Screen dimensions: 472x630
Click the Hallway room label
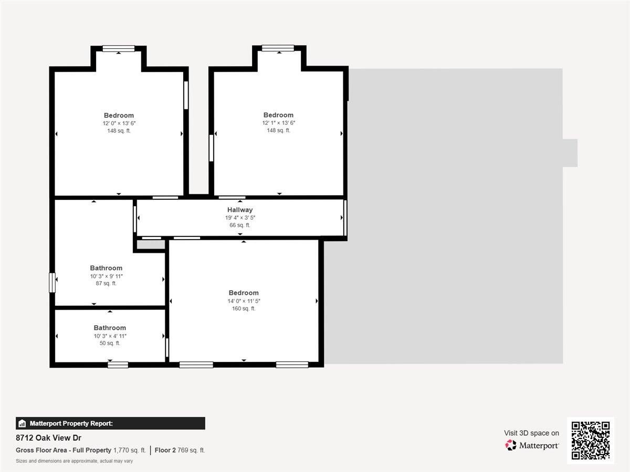240,210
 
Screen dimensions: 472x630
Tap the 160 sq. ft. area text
244,308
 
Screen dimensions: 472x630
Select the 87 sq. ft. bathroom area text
106,283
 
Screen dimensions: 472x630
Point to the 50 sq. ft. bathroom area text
110,343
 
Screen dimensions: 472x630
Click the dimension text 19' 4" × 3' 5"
240,218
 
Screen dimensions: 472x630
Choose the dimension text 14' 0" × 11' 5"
244,301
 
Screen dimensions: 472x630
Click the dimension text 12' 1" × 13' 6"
278,123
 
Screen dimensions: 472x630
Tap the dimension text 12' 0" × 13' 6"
119,123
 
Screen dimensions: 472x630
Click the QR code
590,441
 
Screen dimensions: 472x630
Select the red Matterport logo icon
511,445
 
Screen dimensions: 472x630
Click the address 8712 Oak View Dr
48,438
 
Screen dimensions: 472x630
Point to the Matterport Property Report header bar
110,423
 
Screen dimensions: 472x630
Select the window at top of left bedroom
119,49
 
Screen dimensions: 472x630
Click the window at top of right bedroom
278,48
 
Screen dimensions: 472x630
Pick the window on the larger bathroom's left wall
52,282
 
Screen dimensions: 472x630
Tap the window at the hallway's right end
345,217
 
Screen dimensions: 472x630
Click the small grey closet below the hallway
150,245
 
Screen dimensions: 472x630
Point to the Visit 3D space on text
531,433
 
